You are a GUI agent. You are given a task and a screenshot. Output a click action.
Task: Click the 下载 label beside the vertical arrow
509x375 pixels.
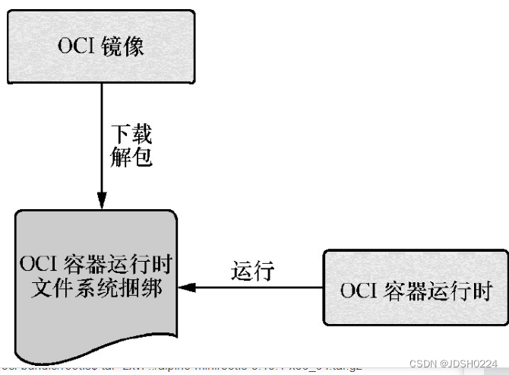[131, 135]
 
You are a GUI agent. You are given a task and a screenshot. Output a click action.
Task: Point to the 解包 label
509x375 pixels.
[131, 157]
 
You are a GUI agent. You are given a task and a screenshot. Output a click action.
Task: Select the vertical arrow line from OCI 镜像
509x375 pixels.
[101, 137]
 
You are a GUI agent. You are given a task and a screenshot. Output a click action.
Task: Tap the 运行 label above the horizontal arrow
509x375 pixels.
[252, 272]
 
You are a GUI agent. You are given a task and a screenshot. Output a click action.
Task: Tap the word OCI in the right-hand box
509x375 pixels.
[357, 291]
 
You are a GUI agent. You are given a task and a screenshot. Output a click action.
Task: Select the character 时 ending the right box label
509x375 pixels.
[483, 291]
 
